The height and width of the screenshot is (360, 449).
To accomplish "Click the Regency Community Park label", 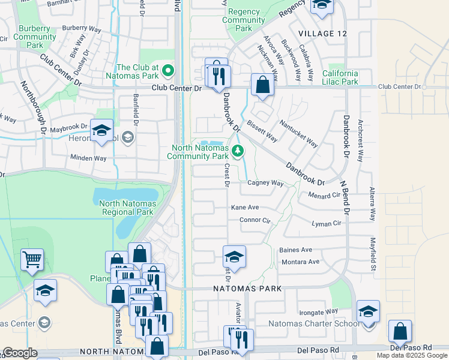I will (x=244, y=20).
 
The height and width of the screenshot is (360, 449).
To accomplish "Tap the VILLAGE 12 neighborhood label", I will (x=322, y=34).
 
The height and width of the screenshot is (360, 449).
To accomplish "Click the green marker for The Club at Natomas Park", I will (x=168, y=71).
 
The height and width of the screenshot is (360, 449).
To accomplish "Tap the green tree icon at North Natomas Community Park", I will (x=238, y=151).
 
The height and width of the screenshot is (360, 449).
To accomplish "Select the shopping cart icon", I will (x=32, y=260).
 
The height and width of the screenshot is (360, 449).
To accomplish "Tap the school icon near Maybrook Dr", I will (x=102, y=131).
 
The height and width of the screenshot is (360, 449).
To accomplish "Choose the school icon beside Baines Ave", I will (x=234, y=257).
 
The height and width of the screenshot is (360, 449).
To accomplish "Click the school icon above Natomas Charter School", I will (x=368, y=311).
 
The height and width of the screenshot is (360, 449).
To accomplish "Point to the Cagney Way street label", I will (x=265, y=183).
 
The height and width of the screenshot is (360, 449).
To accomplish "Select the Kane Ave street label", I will (x=245, y=207).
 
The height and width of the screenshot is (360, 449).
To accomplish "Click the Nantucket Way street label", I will (x=298, y=133).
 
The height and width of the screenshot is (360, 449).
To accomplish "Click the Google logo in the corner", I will (x=20, y=353).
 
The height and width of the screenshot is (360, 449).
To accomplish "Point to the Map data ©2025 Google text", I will (x=412, y=355).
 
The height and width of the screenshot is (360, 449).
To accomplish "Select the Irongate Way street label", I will (x=318, y=312).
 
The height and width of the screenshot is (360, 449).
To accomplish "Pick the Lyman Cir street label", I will (x=326, y=223).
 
